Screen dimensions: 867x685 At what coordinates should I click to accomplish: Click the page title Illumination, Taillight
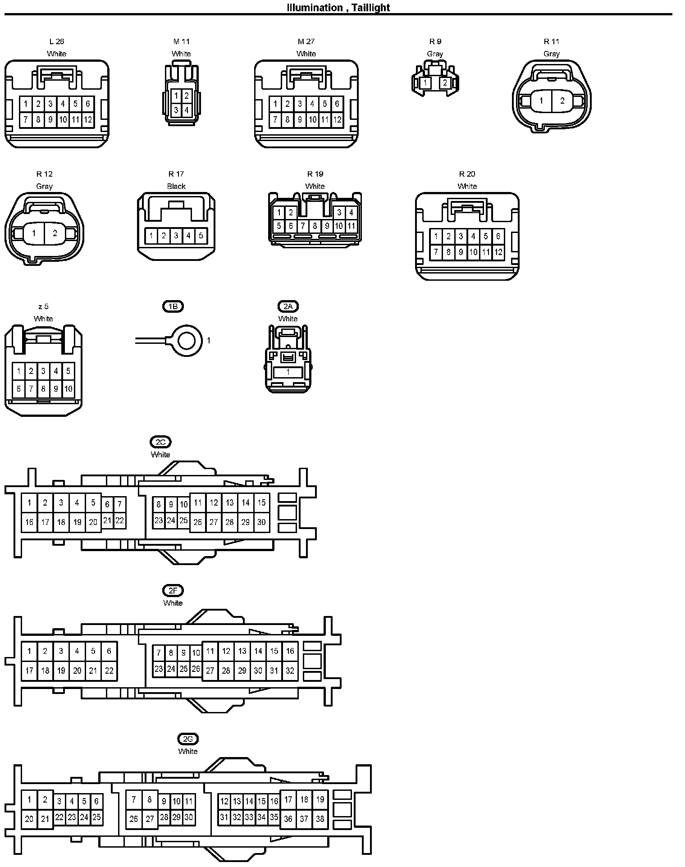(x=338, y=7)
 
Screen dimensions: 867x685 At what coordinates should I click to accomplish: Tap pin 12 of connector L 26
(x=88, y=120)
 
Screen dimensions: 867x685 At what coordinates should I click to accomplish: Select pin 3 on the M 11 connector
(x=176, y=110)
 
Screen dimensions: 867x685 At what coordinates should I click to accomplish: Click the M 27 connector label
(x=306, y=41)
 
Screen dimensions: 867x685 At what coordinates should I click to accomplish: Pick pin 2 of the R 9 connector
(x=445, y=83)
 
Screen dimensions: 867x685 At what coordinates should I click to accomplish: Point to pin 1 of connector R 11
(x=541, y=101)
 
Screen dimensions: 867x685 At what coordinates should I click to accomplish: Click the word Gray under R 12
(x=44, y=186)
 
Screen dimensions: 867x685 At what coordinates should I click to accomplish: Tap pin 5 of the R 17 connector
(x=201, y=235)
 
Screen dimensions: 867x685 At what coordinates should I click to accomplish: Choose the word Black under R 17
(x=176, y=186)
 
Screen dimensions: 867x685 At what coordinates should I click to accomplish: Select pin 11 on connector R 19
(x=351, y=226)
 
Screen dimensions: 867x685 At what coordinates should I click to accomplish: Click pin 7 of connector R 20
(x=436, y=252)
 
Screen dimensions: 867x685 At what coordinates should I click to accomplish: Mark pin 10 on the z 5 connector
(x=68, y=388)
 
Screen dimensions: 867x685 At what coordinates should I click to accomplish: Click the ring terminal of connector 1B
(x=187, y=341)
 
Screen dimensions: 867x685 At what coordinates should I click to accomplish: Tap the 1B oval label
(x=173, y=306)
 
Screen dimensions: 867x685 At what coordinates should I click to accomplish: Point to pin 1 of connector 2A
(x=288, y=372)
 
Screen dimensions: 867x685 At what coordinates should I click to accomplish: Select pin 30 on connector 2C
(x=261, y=522)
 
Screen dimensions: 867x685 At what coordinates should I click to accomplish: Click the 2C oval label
(x=160, y=442)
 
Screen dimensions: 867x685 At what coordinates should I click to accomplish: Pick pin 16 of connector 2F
(x=290, y=651)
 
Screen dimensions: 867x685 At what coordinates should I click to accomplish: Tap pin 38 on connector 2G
(x=320, y=819)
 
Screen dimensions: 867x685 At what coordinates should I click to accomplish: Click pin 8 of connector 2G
(x=150, y=800)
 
